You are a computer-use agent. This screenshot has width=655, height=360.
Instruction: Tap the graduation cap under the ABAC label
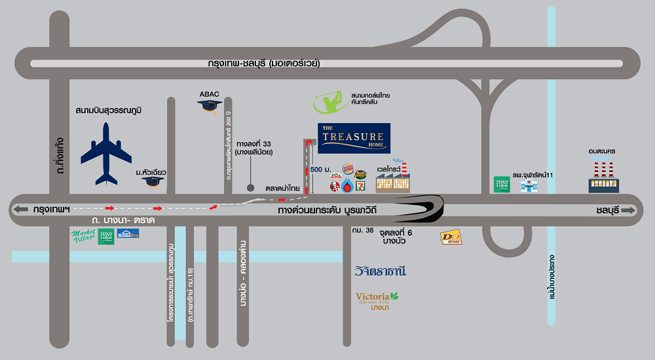210,105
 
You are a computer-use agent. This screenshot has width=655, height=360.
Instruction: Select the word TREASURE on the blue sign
354,137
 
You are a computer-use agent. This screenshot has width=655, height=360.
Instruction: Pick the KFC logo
334,187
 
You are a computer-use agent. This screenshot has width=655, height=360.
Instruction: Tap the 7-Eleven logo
360,187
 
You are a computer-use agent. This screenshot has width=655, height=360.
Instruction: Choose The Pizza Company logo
335,175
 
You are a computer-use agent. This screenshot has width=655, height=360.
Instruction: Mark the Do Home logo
451,238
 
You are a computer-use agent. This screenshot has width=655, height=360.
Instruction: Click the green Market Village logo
83,236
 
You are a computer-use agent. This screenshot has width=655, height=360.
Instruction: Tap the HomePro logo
128,234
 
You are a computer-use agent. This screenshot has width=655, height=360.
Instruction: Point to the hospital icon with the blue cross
528,185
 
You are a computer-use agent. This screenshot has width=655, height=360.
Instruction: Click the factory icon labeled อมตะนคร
603,177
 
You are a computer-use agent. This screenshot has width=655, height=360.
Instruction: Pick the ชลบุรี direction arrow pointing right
629,210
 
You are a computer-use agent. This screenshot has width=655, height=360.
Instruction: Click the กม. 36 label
362,230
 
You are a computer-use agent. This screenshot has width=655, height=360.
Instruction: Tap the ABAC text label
210,94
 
